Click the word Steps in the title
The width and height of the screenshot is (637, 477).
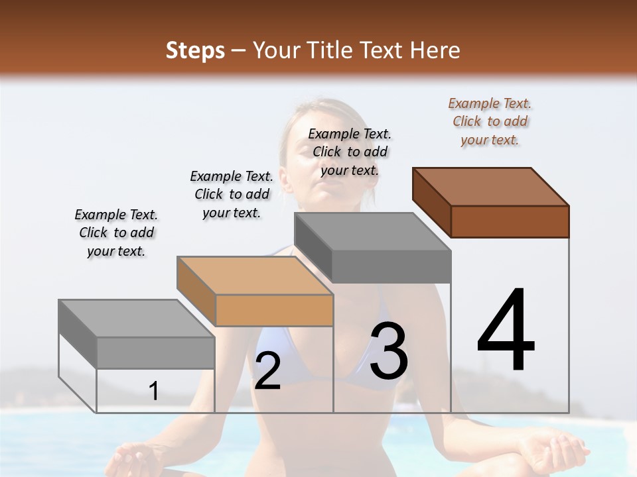click(x=195, y=50)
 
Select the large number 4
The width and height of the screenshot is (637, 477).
click(x=506, y=331)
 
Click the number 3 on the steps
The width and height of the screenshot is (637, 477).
click(x=389, y=351)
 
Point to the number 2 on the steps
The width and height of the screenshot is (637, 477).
click(x=267, y=371)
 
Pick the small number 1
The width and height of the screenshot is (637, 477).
click(x=154, y=391)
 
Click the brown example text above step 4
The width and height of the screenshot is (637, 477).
click(x=490, y=122)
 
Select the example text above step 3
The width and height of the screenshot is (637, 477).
click(x=350, y=152)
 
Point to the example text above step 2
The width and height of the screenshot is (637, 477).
click(x=232, y=194)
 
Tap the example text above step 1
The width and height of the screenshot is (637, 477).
click(x=116, y=233)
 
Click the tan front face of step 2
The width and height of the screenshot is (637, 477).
click(x=274, y=310)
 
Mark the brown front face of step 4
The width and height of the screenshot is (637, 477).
click(x=510, y=221)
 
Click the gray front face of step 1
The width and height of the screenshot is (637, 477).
click(x=155, y=353)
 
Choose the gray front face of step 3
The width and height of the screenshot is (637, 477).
click(x=391, y=267)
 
